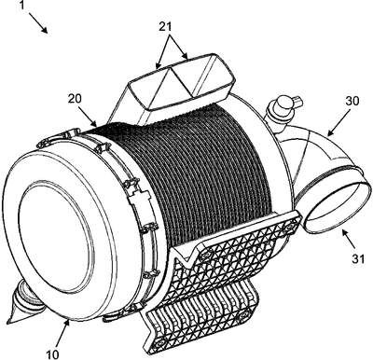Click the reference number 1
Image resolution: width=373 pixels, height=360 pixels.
click(x=21, y=6)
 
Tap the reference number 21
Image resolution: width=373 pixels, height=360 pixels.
click(x=165, y=27)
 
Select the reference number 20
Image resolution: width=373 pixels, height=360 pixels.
click(x=75, y=99)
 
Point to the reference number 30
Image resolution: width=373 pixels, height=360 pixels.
click(x=352, y=102)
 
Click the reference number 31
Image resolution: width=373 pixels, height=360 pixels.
click(x=358, y=259)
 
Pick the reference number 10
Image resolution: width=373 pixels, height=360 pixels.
click(x=52, y=353)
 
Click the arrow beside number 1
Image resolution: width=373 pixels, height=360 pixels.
click(x=38, y=23)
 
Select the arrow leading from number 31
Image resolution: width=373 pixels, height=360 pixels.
click(x=349, y=239)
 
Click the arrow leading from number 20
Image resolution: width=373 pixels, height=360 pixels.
click(x=87, y=117)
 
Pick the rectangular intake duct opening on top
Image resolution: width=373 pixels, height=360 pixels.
click(x=182, y=81)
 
